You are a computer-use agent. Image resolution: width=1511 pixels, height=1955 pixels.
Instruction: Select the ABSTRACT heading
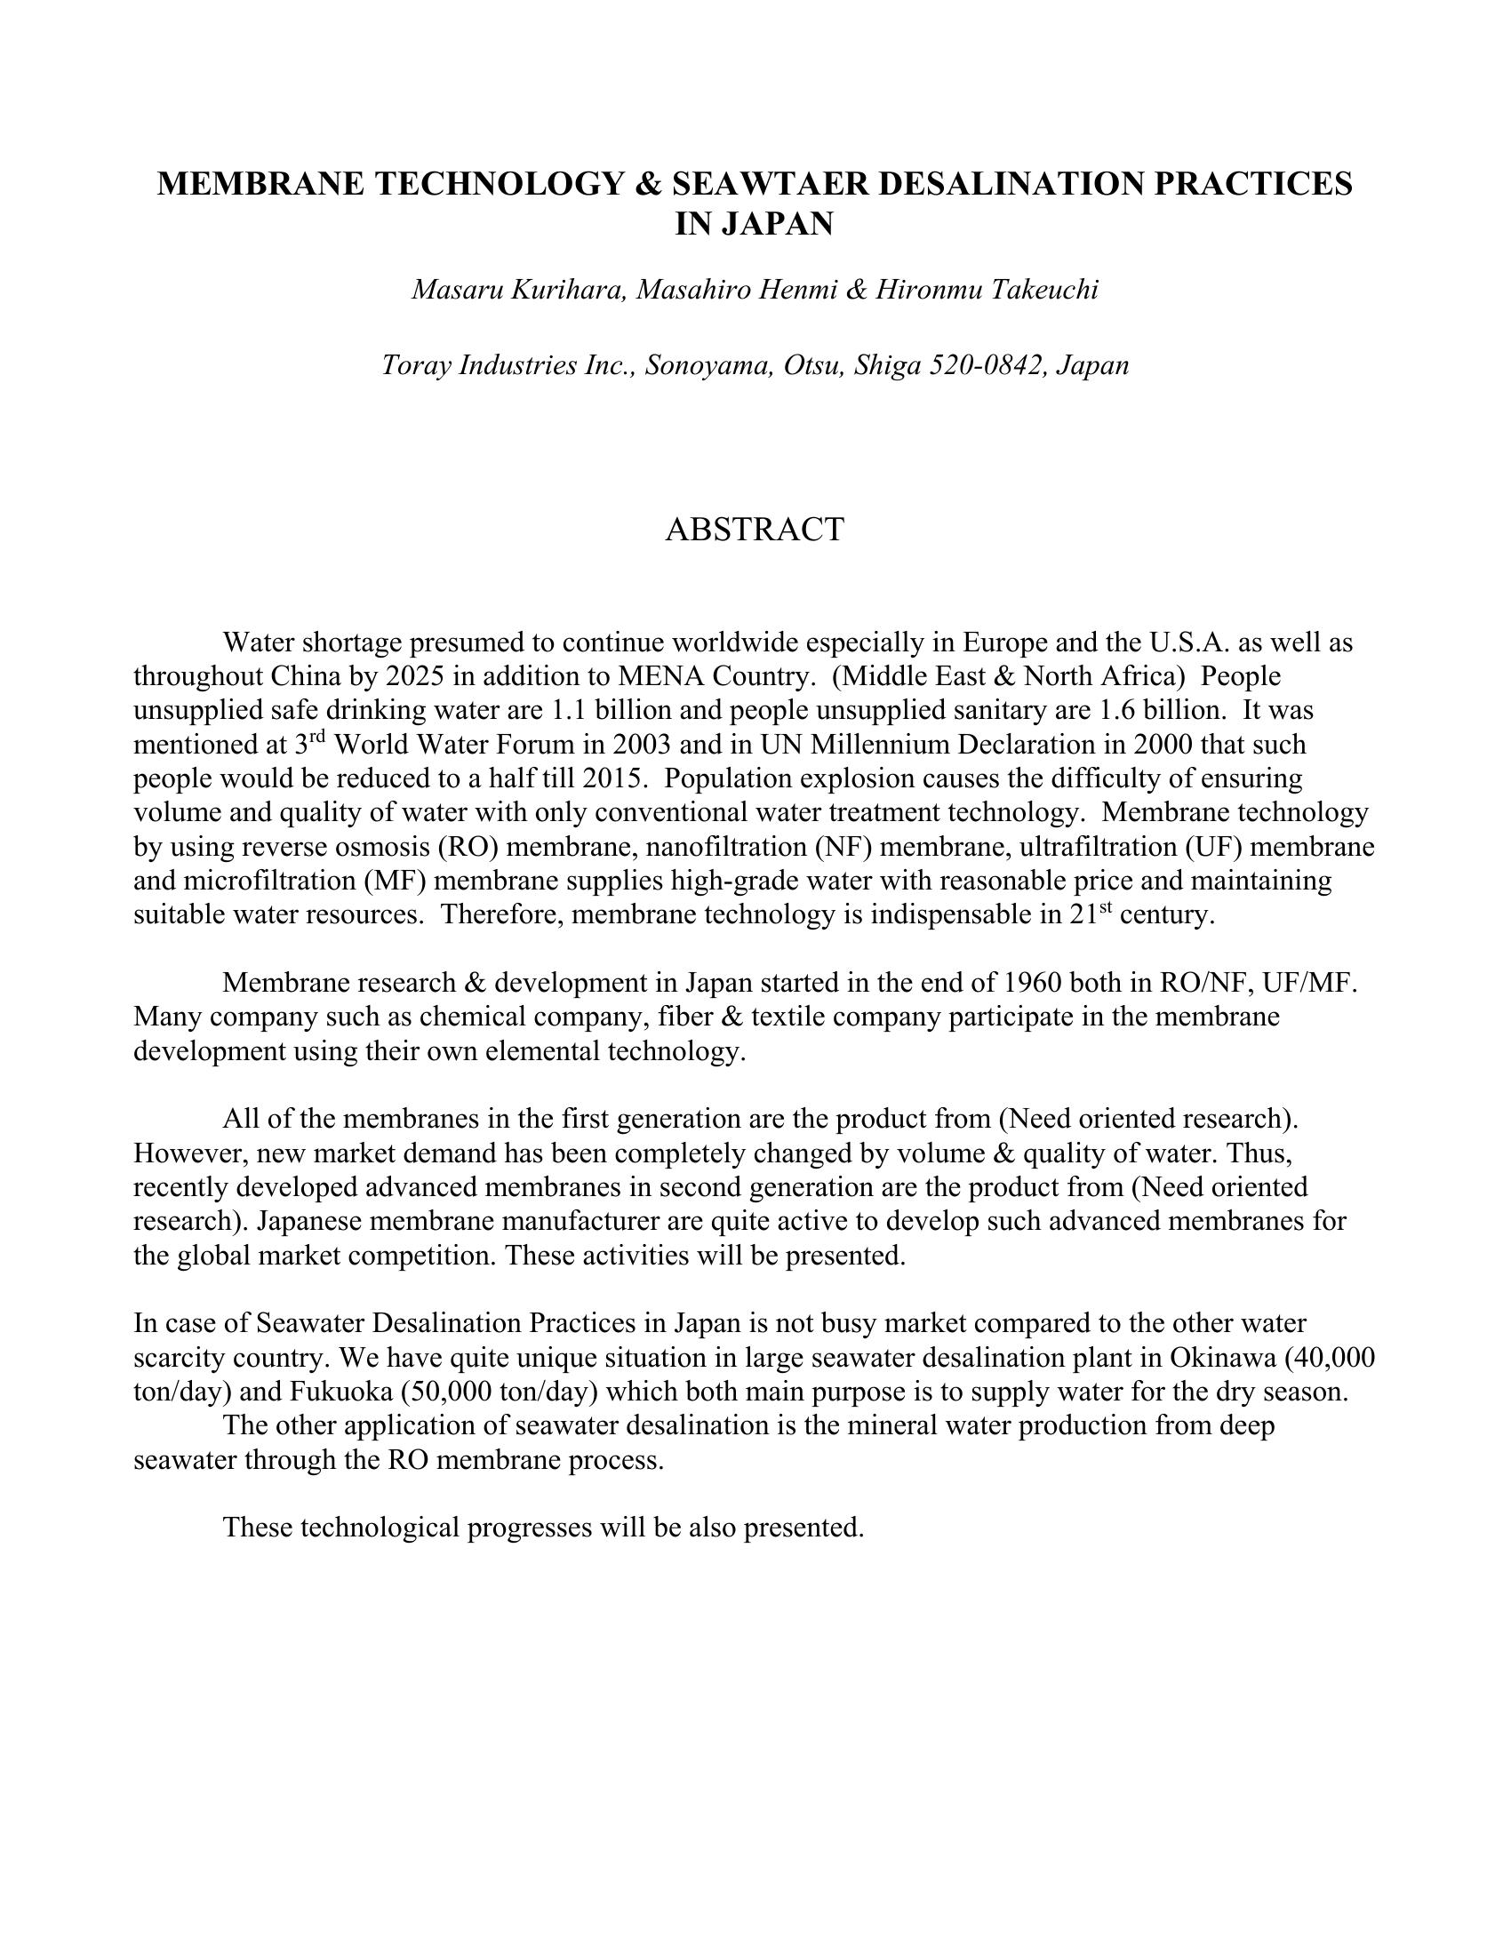click(x=755, y=529)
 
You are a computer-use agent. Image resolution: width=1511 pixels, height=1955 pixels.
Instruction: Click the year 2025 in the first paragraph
click(x=415, y=676)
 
